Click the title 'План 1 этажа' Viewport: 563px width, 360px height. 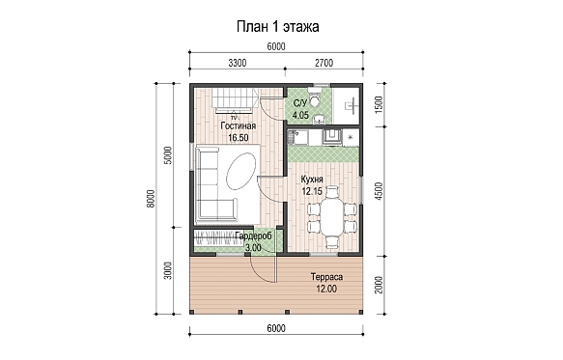point(277,27)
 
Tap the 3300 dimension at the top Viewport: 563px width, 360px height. point(238,63)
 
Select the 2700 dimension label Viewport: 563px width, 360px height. point(324,63)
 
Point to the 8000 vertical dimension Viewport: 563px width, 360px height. point(151,199)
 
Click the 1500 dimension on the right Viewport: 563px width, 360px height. point(379,105)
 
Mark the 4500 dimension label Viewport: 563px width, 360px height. point(379,191)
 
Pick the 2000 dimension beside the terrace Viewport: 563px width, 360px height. point(379,285)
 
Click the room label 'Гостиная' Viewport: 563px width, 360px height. point(239,126)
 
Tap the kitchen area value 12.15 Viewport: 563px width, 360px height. point(312,191)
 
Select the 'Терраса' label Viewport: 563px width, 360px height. point(326,277)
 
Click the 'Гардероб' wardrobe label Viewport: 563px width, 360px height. point(253,236)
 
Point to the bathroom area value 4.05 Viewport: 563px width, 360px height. point(300,115)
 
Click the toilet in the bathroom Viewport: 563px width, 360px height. point(316,98)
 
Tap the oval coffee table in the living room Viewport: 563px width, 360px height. point(240,171)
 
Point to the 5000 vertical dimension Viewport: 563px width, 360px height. point(168,155)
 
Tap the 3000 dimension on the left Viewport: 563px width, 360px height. point(168,270)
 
